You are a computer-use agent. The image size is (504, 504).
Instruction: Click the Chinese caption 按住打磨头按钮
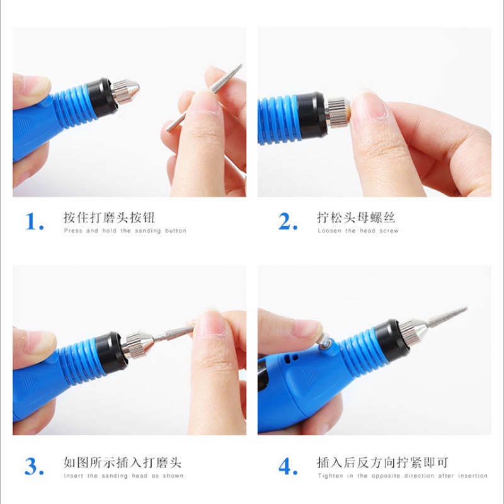pos(108,218)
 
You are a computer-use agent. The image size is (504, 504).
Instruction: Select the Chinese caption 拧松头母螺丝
pos(355,218)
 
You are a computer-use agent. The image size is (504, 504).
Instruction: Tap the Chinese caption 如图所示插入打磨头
pos(122,462)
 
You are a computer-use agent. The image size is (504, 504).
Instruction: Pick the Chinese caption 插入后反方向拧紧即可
pos(382,462)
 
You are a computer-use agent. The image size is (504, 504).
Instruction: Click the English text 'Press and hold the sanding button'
pos(125,231)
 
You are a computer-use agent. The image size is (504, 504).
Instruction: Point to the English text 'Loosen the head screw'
pos(358,231)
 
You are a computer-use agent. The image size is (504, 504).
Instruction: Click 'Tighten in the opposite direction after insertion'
pos(403,476)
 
